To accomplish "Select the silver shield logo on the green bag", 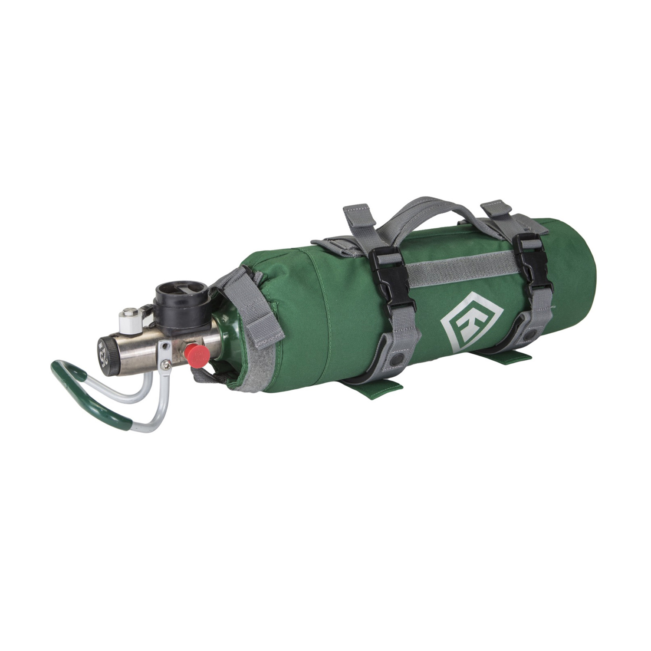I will tap(471, 321).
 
